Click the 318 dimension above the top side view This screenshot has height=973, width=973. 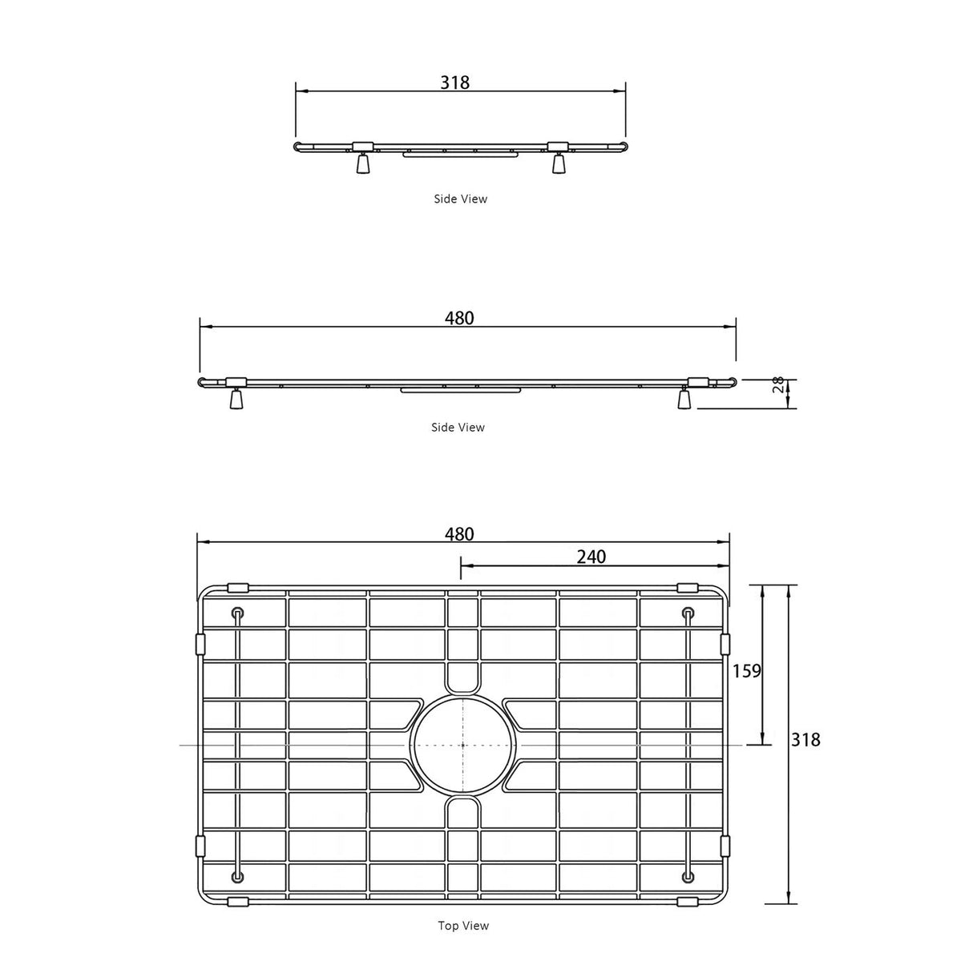point(454,82)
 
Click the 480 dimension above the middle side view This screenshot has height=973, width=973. point(459,318)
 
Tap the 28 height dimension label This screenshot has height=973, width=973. point(776,386)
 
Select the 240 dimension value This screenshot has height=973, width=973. point(591,557)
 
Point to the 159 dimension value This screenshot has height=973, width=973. point(746,671)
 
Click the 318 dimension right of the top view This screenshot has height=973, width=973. point(805,740)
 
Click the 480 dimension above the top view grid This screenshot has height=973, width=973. point(459,534)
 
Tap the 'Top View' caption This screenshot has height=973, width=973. point(463,926)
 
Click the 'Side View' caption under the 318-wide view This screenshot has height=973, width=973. point(460,199)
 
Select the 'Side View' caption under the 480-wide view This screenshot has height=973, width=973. point(458,428)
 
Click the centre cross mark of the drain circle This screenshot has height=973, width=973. point(463,745)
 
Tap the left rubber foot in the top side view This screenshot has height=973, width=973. point(363,163)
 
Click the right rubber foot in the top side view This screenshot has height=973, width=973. point(559,163)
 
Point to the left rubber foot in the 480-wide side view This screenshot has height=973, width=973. point(236,400)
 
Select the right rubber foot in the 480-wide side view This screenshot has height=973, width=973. point(684,399)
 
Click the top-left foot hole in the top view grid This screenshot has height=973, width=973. point(237,613)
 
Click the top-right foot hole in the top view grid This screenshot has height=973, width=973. point(688,613)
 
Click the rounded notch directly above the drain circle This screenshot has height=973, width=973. point(463,677)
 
